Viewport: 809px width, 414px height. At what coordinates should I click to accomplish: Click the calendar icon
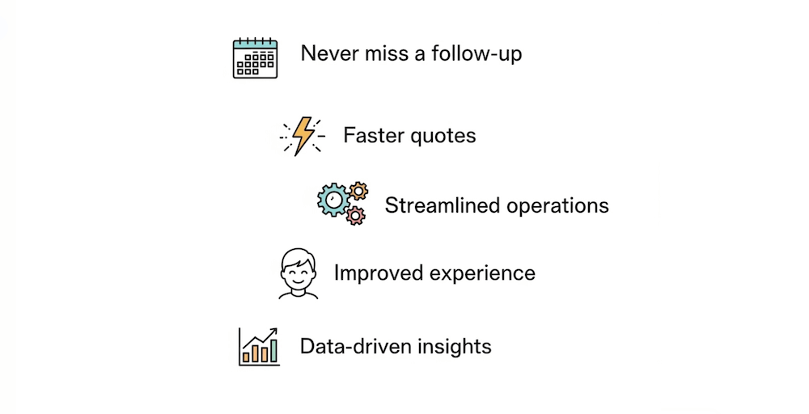(x=255, y=57)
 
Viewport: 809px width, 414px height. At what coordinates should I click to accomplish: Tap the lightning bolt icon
(x=303, y=136)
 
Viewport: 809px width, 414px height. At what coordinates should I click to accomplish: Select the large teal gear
(x=333, y=200)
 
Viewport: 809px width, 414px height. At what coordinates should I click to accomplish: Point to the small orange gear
(x=358, y=192)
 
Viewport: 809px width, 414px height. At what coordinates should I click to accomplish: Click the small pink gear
(x=355, y=214)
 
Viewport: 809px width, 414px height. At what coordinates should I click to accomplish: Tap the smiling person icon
(x=299, y=274)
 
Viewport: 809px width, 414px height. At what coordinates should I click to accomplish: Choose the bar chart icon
(x=259, y=346)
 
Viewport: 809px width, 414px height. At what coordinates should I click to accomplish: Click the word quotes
(x=443, y=137)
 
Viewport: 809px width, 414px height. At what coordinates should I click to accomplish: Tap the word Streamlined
(x=443, y=205)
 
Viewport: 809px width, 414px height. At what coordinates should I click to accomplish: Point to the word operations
(x=557, y=206)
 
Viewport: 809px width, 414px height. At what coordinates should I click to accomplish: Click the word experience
(x=482, y=274)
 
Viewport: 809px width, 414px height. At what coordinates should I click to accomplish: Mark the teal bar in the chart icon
(x=273, y=351)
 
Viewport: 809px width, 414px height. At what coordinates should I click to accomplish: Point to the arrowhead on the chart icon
(x=273, y=331)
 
